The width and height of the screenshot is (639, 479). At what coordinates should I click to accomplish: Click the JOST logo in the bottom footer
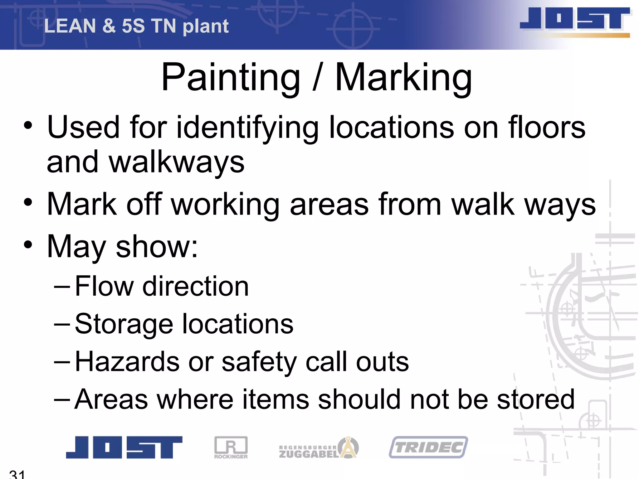(x=124, y=447)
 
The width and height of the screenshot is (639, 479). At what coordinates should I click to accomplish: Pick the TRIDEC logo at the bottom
(x=428, y=447)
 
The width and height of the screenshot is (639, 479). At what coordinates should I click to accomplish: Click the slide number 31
(x=17, y=474)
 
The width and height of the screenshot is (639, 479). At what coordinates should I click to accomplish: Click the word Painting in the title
(x=231, y=77)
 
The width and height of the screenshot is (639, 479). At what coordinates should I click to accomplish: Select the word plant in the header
(x=206, y=27)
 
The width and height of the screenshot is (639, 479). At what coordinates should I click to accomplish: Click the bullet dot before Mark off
(x=28, y=203)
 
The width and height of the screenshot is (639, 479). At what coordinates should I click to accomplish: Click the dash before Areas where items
(x=62, y=399)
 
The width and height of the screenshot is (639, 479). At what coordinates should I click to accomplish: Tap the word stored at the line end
(x=535, y=399)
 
